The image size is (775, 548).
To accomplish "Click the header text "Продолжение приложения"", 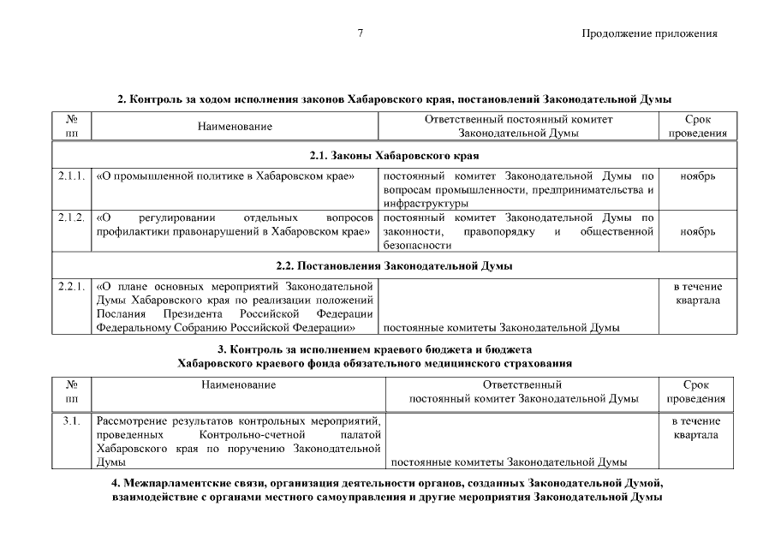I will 648,34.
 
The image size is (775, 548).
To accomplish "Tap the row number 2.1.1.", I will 72,176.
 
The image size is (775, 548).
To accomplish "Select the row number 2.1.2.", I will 72,217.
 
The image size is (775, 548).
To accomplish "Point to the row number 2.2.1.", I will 72,287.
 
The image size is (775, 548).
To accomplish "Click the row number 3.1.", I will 72,421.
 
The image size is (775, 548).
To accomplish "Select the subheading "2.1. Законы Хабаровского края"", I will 394,156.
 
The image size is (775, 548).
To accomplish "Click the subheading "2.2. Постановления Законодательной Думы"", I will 394,266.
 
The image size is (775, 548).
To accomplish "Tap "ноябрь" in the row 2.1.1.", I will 698,176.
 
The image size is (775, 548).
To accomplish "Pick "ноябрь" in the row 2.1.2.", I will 698,231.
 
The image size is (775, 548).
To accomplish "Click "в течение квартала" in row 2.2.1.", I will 698,294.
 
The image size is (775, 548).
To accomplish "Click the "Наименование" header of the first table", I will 235,127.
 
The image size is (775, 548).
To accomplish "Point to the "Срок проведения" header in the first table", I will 698,127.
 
